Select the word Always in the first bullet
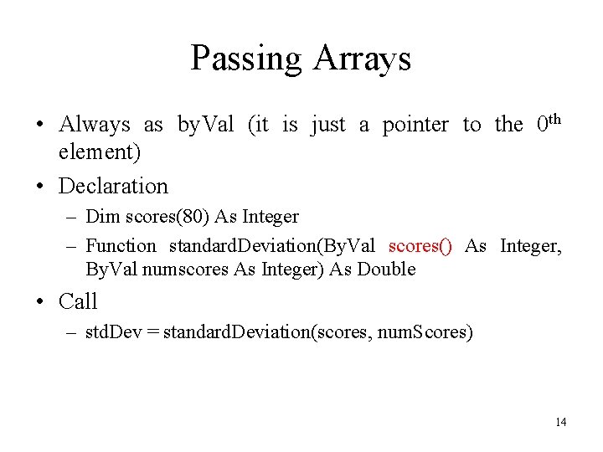tap(95, 125)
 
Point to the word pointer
tap(415, 125)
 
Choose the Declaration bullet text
tap(113, 186)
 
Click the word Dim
tap(103, 217)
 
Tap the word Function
tap(121, 246)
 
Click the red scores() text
tap(420, 246)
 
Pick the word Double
tap(385, 269)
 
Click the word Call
tap(78, 301)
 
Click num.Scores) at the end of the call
tap(425, 332)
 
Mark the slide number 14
tap(560, 422)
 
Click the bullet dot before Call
tap(39, 301)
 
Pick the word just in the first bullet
tap(327, 125)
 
